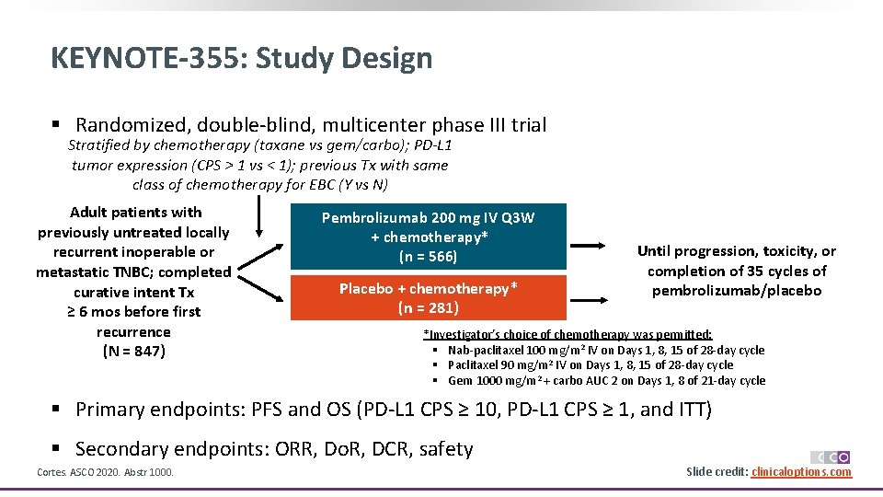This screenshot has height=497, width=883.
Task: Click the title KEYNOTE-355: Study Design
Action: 241,58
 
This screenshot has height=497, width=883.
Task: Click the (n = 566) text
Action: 428,257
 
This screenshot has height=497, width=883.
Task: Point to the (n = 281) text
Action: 428,308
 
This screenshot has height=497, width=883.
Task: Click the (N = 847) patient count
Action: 133,352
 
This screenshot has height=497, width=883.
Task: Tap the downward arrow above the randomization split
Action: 258,217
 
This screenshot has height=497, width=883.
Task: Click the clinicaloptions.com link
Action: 801,472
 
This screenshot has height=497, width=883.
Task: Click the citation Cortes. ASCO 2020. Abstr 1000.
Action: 105,472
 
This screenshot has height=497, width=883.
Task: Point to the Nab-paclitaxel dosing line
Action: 605,350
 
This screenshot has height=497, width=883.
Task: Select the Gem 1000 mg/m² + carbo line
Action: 606,380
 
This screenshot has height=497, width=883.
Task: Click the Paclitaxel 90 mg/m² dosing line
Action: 590,365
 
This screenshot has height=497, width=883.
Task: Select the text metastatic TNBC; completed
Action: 133,272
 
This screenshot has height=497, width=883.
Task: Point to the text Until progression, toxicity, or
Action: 736,251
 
